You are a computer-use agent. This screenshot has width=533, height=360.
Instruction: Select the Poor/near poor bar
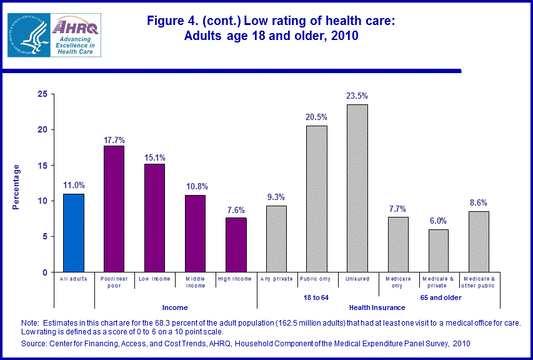coord(114,209)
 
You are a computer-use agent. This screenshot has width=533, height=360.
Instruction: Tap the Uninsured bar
coord(357,188)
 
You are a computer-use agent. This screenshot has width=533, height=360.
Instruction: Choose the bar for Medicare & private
coord(439,251)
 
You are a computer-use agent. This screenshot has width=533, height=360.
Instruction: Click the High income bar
coord(236,245)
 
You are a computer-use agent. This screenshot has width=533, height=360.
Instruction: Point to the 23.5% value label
coord(357,96)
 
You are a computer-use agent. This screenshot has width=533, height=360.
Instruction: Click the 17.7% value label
coord(114,137)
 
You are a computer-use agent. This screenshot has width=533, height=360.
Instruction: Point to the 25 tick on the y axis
coord(42,94)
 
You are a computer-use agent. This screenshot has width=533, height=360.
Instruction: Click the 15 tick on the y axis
coord(42,165)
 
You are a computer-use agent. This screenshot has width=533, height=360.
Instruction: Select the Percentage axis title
coord(17,187)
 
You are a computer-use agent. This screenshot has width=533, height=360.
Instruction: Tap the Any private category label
coord(276,279)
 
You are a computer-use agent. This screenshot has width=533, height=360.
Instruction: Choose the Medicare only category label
coord(398,282)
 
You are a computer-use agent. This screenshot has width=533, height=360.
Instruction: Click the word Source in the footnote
coord(35,343)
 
